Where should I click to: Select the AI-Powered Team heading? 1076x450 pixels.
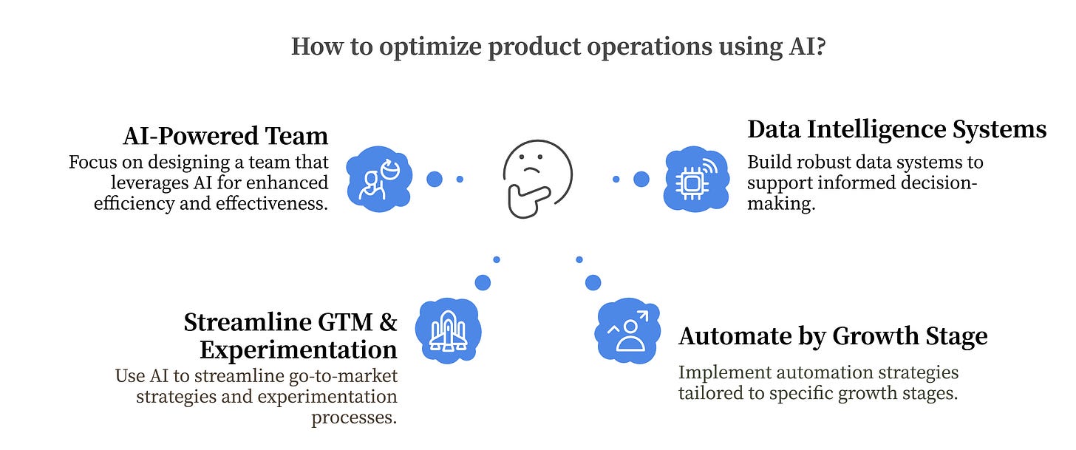click(225, 136)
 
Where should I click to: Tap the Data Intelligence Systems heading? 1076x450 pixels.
click(896, 130)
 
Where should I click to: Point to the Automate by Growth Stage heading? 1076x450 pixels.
click(833, 337)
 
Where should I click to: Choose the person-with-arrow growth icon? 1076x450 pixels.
click(627, 331)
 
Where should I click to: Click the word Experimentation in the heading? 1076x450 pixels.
click(298, 349)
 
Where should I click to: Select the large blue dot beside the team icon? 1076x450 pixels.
click(435, 179)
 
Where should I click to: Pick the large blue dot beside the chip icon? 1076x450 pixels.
click(641, 179)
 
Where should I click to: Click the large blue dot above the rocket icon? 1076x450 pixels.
click(483, 282)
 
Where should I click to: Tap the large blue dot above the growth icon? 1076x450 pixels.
click(593, 282)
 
